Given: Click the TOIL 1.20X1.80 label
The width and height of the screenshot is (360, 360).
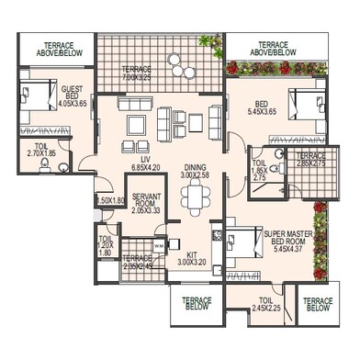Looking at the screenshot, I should click(107, 245).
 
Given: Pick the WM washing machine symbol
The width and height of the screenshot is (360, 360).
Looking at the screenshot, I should click(159, 244).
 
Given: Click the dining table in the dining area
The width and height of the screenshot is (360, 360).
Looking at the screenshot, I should click(194, 196).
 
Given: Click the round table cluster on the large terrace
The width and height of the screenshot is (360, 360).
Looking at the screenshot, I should click(181, 66).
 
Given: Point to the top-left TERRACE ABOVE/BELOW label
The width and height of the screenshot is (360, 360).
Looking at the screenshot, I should click(55, 48).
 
